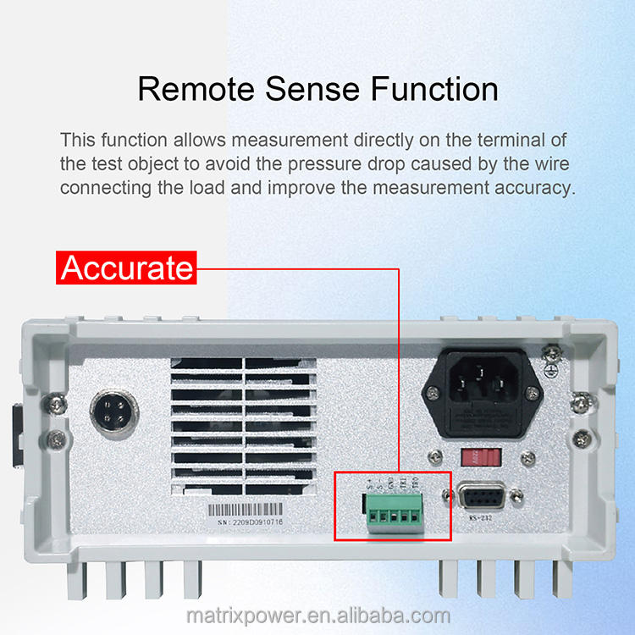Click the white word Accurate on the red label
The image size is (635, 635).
click(127, 268)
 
